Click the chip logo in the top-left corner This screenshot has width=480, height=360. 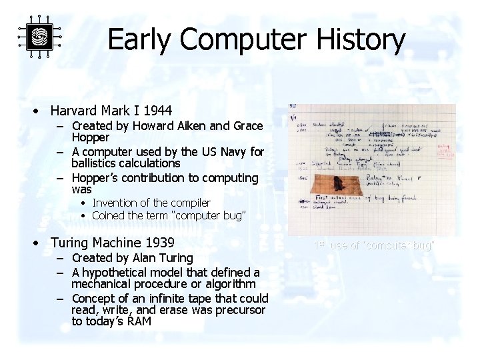click(39, 36)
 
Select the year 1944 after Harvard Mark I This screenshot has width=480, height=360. click(157, 111)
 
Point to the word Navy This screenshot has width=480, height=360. click(235, 152)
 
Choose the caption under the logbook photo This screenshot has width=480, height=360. click(373, 245)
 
